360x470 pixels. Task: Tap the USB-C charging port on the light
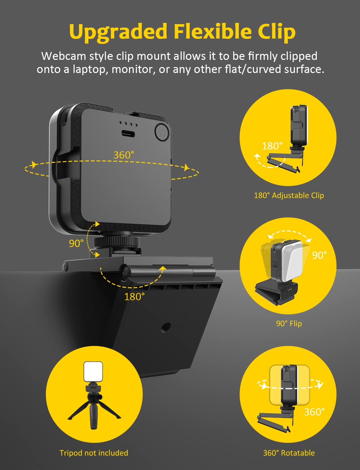pos(128,133)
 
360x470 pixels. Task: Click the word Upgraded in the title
pos(118,32)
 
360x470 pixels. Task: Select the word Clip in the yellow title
pos(277,32)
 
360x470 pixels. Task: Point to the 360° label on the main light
pos(124,155)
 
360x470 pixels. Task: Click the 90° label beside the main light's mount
pos(76,243)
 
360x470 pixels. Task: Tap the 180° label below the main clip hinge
pos(134,296)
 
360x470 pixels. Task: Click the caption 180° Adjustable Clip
pos(289,195)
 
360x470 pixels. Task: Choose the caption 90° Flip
pos(289,323)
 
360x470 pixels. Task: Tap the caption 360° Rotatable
pos(289,453)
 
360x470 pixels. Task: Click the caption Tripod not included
pos(94,453)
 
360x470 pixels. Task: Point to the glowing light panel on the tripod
pos(93,372)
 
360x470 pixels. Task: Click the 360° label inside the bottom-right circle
pos(314,412)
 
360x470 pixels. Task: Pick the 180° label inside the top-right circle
pos(272,146)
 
